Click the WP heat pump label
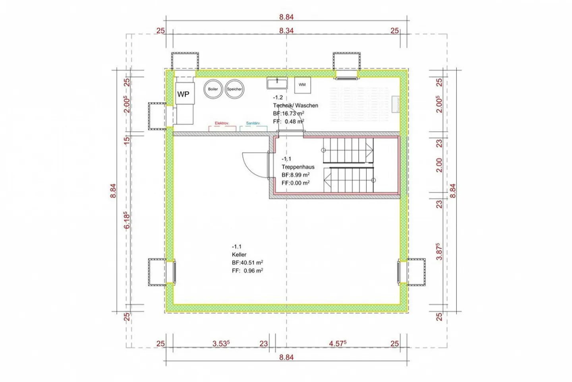[183, 94]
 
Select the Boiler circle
[213, 89]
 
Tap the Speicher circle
[234, 89]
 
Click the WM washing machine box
[302, 85]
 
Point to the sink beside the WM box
[277, 83]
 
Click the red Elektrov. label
[222, 123]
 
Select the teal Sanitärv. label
[253, 123]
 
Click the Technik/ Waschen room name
[296, 105]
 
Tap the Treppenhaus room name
[298, 167]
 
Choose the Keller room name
[239, 254]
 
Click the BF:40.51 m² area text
[247, 263]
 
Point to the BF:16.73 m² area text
[288, 114]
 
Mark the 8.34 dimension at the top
[286, 31]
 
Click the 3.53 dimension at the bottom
[221, 343]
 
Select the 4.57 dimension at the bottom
[338, 343]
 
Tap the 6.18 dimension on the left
[127, 220]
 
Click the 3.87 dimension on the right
[439, 251]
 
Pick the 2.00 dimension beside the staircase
[439, 165]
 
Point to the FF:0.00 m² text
[296, 183]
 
